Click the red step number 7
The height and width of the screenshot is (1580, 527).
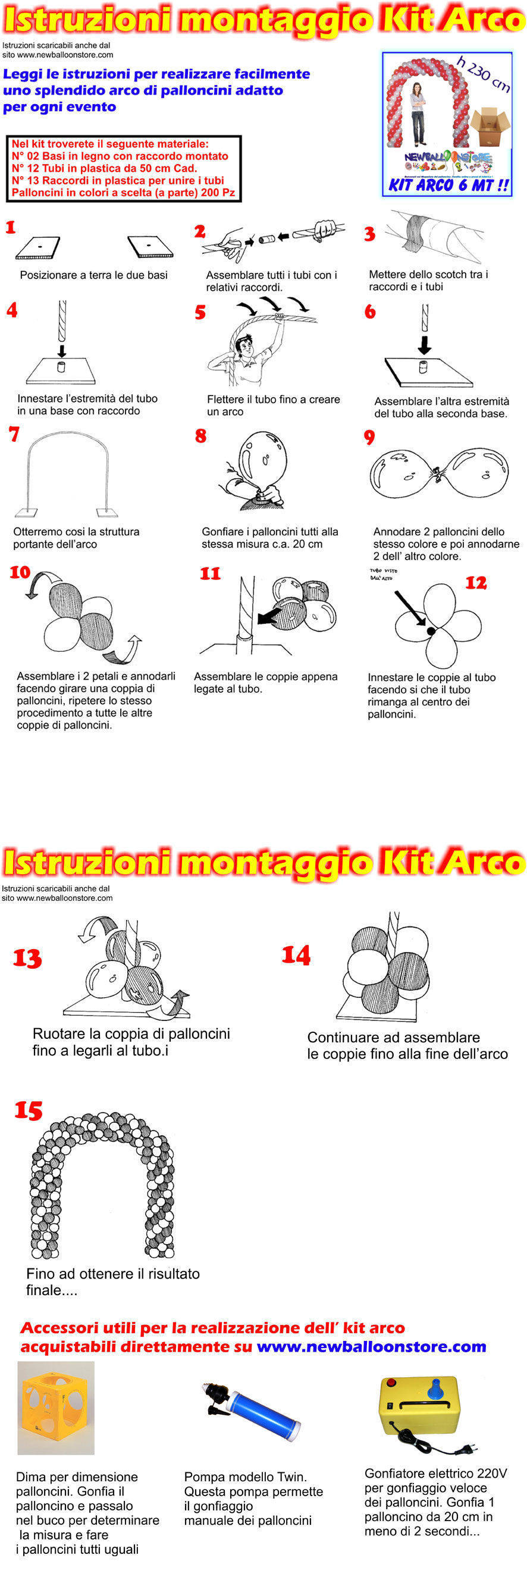(x=14, y=434)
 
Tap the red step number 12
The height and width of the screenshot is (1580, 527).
(x=476, y=582)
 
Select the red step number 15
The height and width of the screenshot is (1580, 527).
(x=28, y=1110)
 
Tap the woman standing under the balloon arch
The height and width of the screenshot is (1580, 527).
(x=418, y=114)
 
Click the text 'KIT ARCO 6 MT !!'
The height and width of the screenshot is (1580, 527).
(x=448, y=185)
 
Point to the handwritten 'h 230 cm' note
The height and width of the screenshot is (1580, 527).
(x=484, y=74)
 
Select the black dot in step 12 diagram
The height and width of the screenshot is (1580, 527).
(x=431, y=630)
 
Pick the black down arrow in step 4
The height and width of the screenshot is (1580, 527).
(x=61, y=350)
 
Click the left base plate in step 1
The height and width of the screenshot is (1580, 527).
(x=38, y=247)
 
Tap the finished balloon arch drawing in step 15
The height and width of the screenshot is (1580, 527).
(x=102, y=1185)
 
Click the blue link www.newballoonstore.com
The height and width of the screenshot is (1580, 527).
(x=371, y=1346)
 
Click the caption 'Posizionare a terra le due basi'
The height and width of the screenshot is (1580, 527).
(x=94, y=275)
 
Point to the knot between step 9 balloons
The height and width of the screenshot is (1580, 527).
(x=437, y=472)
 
